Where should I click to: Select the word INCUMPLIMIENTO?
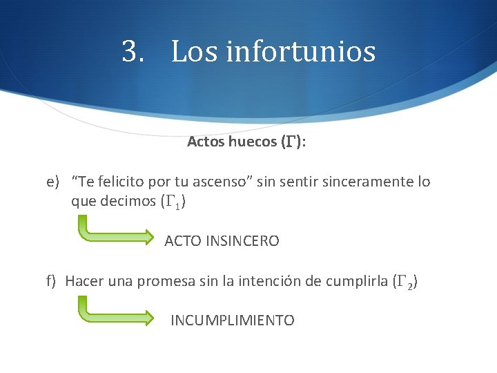coord(233,321)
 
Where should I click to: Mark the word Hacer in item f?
coord(83,281)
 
